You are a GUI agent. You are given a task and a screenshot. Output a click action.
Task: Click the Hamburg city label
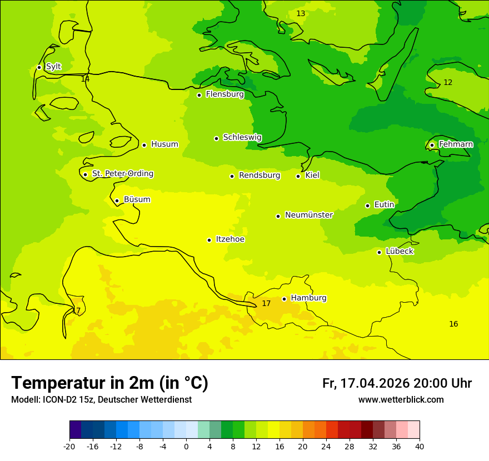pyautogui.click(x=308, y=298)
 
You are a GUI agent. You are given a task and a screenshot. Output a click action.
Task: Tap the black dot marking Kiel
pyautogui.click(x=298, y=176)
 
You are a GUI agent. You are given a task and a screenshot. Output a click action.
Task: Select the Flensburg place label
pyautogui.click(x=224, y=94)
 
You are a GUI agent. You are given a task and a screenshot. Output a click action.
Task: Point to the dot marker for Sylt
pyautogui.click(x=39, y=67)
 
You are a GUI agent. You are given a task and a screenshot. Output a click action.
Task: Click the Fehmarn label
pyautogui.click(x=456, y=144)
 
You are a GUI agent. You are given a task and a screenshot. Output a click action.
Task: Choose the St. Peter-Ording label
pyautogui.click(x=122, y=174)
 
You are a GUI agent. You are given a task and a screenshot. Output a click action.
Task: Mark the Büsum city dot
pyautogui.click(x=117, y=201)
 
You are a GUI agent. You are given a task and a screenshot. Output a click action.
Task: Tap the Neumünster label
pyautogui.click(x=309, y=215)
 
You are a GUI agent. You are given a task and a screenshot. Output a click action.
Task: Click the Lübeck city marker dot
pyautogui.click(x=379, y=252)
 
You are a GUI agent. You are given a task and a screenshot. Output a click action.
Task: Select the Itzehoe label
pyautogui.click(x=230, y=239)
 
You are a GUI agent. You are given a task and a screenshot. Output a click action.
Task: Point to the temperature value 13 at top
pyautogui.click(x=301, y=13)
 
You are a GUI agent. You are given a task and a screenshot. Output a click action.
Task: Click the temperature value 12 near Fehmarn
pyautogui.click(x=448, y=83)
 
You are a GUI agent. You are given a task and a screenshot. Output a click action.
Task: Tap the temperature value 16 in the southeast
pyautogui.click(x=453, y=324)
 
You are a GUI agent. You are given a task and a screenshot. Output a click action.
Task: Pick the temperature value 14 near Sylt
pyautogui.click(x=85, y=79)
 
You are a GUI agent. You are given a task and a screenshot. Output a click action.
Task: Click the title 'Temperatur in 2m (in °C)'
pyautogui.click(x=109, y=383)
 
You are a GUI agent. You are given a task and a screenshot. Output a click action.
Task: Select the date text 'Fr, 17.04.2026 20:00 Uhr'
pyautogui.click(x=397, y=383)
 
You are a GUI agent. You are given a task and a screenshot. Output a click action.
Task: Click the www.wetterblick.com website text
pyautogui.click(x=401, y=400)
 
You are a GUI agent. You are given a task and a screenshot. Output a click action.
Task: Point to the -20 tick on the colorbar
pyautogui.click(x=69, y=447)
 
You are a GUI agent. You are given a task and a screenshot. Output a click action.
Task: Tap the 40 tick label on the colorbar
pyautogui.click(x=420, y=447)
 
